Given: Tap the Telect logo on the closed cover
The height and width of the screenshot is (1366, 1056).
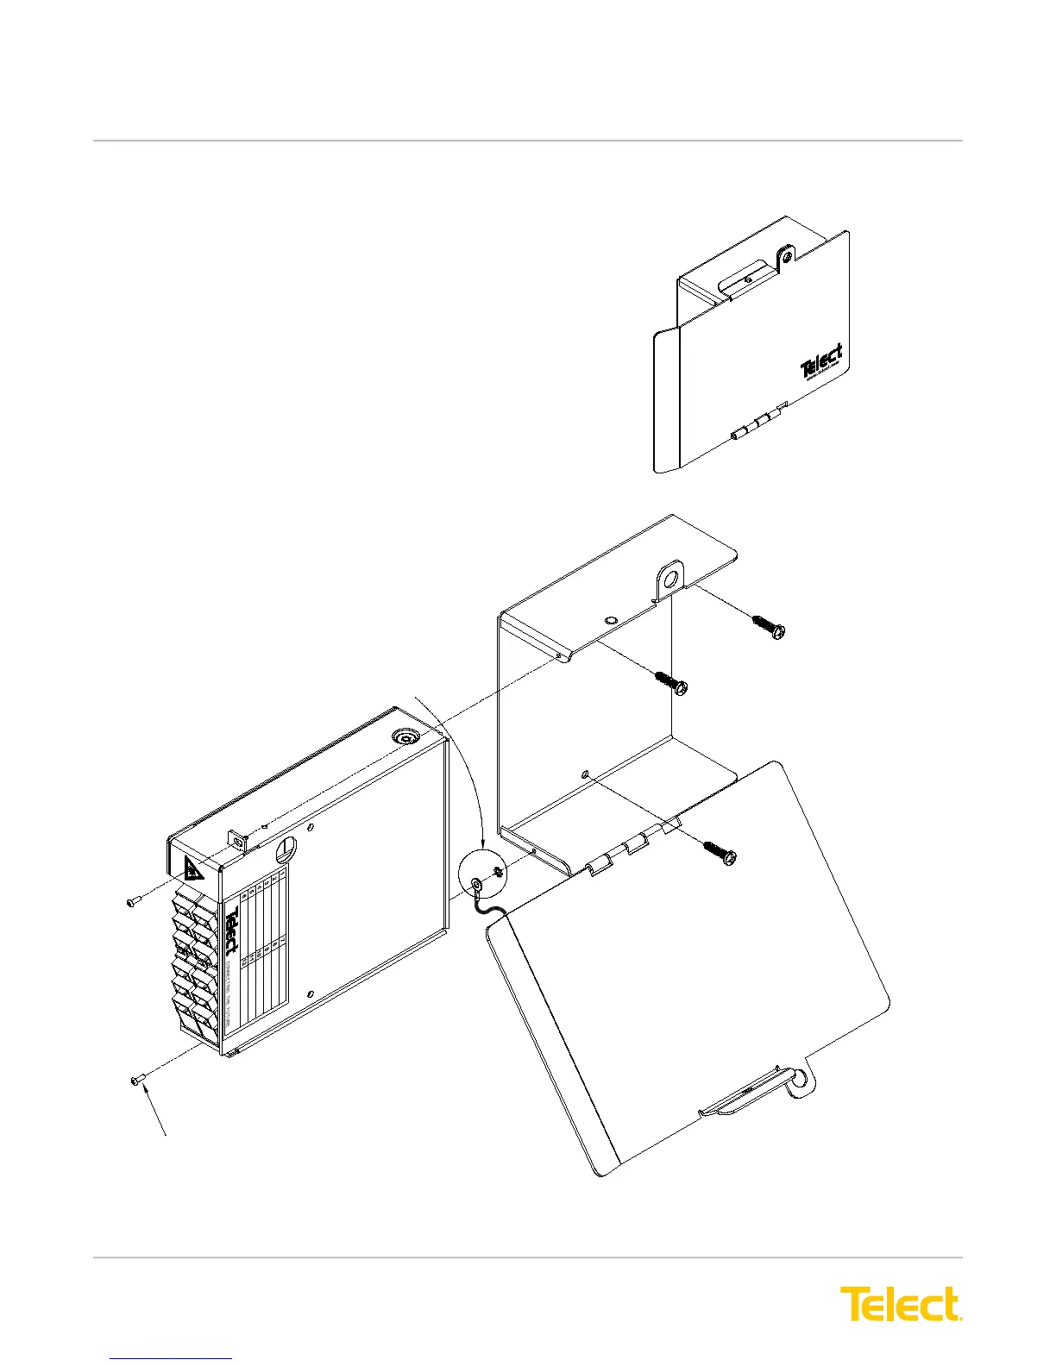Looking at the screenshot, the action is [821, 362].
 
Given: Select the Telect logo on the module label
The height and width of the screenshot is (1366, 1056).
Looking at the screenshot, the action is [232, 932].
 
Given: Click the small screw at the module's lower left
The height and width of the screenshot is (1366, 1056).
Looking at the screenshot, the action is [136, 1079].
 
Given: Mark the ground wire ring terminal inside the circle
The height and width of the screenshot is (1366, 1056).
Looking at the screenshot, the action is [475, 885].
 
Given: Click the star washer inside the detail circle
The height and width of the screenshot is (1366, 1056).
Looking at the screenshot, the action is [498, 874].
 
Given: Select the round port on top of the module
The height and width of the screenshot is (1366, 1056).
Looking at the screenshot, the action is [404, 738].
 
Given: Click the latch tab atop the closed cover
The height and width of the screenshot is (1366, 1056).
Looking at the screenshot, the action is [786, 257].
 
